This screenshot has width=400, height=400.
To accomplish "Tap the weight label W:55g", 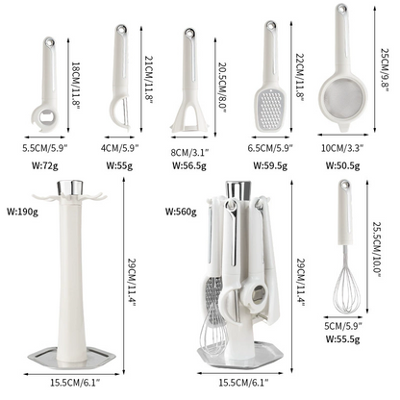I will coord(119,164).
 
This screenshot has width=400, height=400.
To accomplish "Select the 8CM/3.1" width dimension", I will coord(191,150).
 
